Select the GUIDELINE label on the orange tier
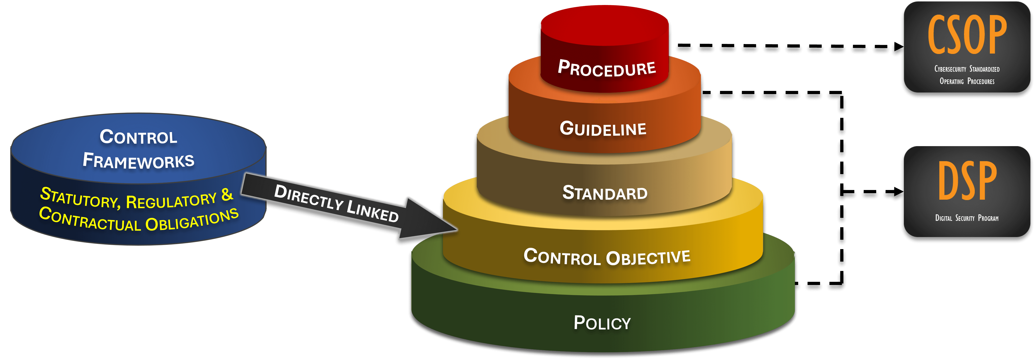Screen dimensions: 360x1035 (x=603, y=129)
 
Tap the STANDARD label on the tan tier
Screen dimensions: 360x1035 (x=605, y=193)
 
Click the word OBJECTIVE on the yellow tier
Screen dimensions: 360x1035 (x=648, y=257)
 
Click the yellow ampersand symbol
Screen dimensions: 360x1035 (x=227, y=195)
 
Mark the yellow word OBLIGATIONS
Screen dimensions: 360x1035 (x=192, y=221)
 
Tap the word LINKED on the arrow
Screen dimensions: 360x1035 (x=372, y=210)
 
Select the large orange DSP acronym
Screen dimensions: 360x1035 (x=967, y=181)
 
